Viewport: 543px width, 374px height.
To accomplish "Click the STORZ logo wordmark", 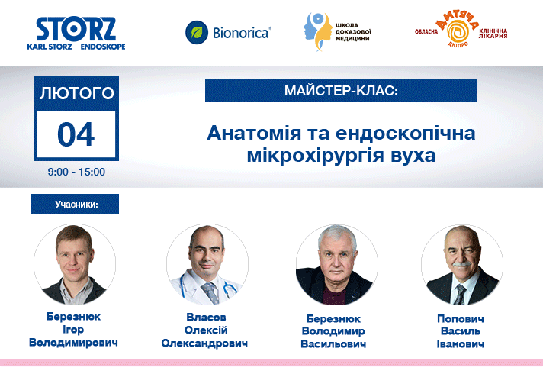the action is point(76,29).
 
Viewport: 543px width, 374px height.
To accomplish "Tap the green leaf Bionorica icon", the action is point(197,33).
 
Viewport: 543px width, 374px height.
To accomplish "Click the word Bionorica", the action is point(242,33).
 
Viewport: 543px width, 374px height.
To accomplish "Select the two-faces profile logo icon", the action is point(318,32).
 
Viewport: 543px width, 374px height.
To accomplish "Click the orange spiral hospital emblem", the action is point(458,31).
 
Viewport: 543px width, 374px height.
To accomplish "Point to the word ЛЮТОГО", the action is point(76,94).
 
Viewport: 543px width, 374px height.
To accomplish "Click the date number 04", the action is point(76,134).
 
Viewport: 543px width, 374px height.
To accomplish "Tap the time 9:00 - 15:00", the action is point(76,172).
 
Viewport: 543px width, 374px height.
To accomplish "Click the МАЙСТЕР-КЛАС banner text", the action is point(341,91).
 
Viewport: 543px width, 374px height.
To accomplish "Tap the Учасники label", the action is point(76,205).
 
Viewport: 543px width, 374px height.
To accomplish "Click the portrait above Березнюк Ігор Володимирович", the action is point(75,264).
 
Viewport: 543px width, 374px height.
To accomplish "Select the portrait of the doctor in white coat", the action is point(207,264).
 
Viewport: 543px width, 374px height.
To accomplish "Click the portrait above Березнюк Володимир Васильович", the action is point(336,265).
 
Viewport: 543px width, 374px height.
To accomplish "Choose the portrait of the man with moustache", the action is point(462,265).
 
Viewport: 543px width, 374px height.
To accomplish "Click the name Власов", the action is point(206,318).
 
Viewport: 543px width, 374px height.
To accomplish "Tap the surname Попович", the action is point(460,319).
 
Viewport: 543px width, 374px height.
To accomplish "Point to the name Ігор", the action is point(73,330).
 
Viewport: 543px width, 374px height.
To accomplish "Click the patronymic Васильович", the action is point(333,344).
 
